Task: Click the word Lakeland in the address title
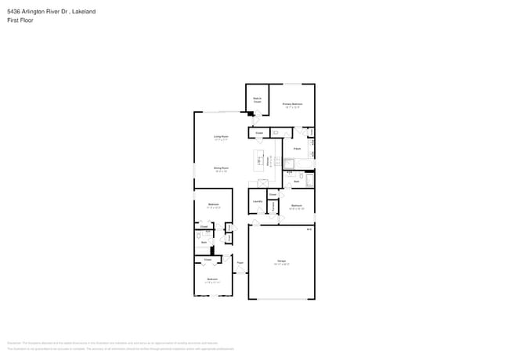83,12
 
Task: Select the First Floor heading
19,21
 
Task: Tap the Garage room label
281,262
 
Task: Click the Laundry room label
257,202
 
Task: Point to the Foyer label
240,263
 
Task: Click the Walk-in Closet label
256,100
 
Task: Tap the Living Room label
221,138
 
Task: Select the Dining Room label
221,168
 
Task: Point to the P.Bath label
298,148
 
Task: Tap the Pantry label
274,207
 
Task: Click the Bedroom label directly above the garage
296,207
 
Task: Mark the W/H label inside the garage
309,230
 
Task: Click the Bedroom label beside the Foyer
212,279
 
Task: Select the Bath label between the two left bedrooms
204,243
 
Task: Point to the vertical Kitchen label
269,160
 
